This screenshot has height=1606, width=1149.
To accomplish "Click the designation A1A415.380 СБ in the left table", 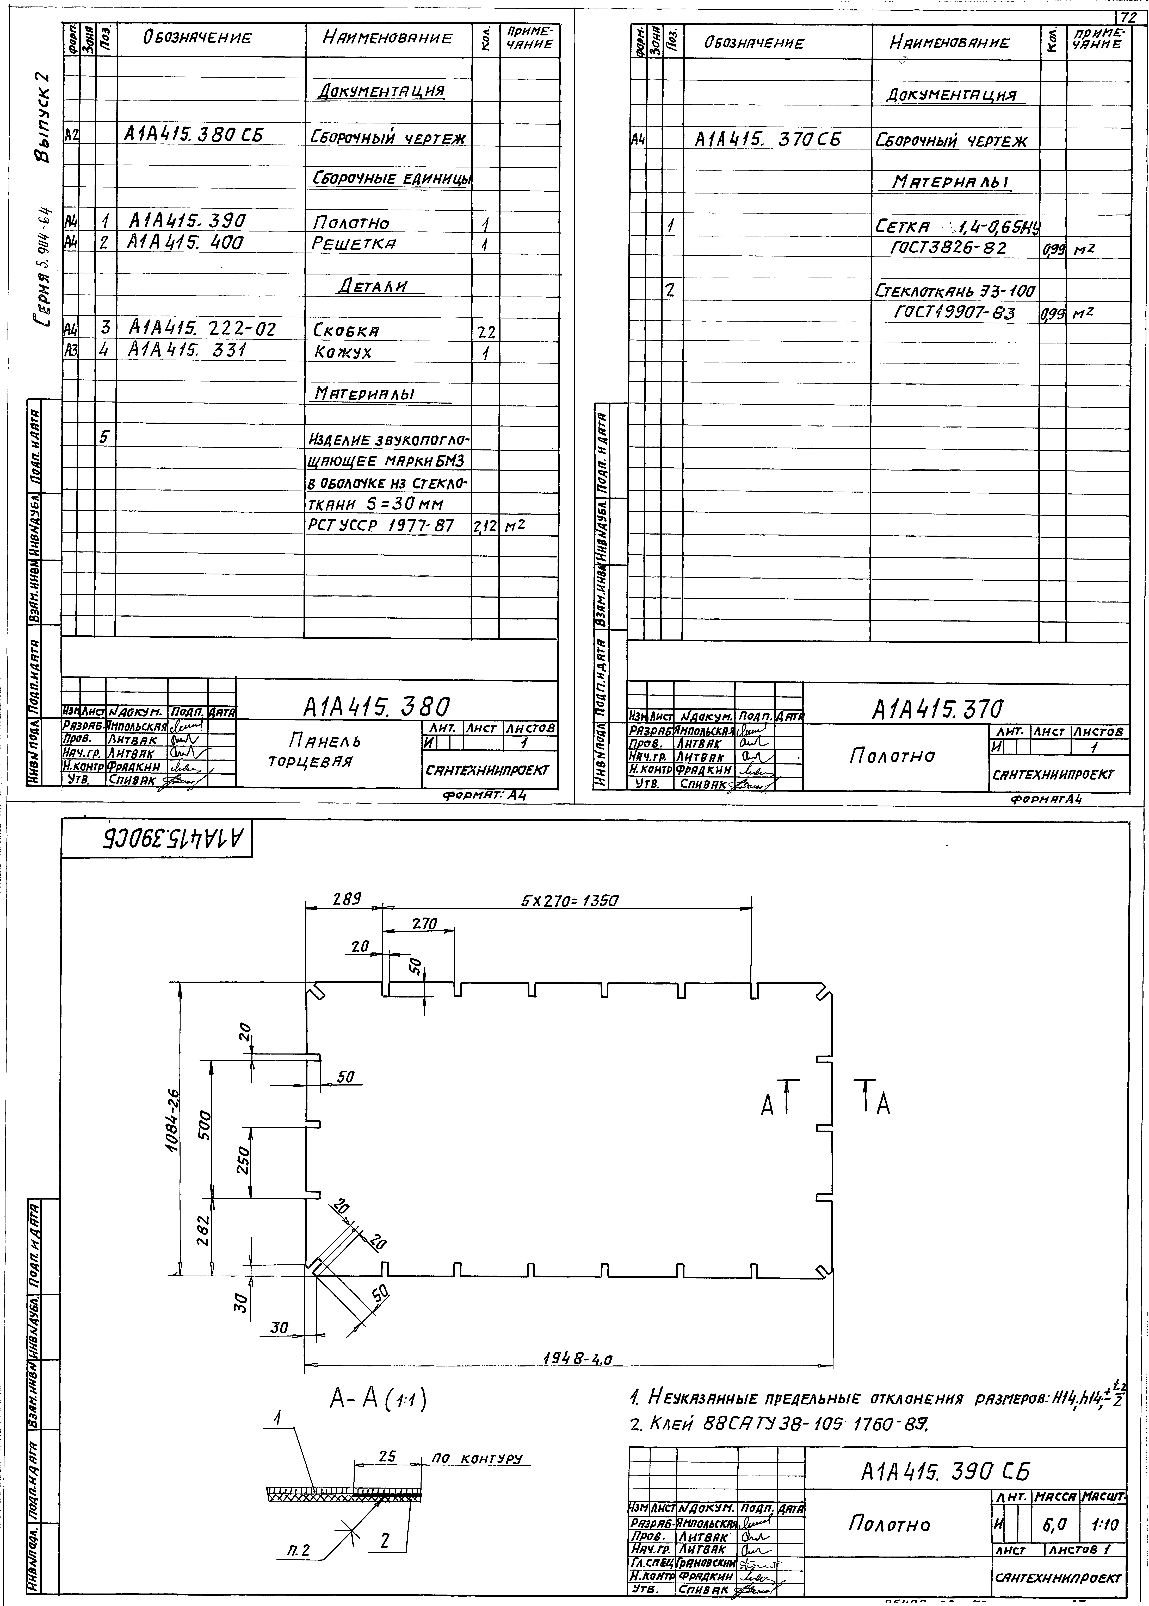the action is (193, 134).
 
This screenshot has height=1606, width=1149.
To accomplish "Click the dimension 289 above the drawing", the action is (347, 900).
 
